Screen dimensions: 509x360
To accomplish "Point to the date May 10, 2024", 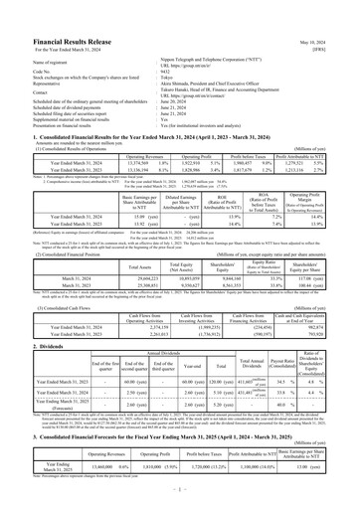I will pyautogui.click(x=337, y=15).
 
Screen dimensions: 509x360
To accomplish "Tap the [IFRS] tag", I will pyautogui.click(x=344, y=24).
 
